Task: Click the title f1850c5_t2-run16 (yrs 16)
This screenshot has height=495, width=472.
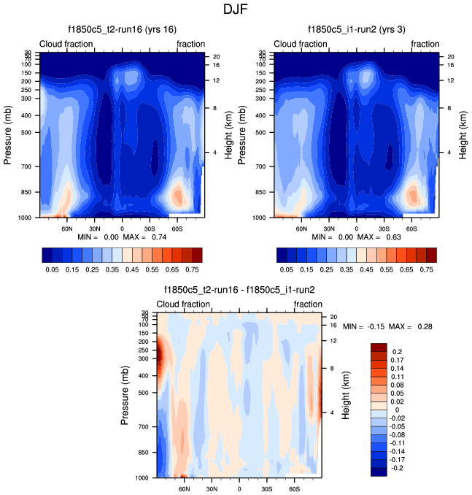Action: click(122, 29)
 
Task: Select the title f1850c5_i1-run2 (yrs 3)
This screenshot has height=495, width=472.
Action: click(357, 29)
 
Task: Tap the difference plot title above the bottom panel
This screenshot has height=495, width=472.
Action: click(239, 290)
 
